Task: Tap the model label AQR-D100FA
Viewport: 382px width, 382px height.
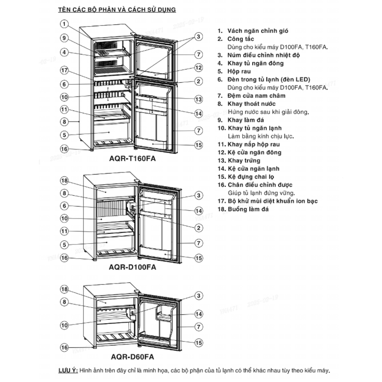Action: click(x=132, y=267)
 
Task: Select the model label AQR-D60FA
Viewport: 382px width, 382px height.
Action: click(x=132, y=356)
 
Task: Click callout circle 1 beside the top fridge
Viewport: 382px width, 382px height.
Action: click(x=65, y=25)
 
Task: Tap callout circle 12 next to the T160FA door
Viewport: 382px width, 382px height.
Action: click(x=198, y=68)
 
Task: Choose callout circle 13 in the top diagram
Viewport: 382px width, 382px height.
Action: click(x=198, y=99)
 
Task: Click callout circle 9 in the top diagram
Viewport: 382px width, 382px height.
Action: click(x=65, y=38)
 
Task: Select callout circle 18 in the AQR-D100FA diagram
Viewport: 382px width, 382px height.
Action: click(x=65, y=181)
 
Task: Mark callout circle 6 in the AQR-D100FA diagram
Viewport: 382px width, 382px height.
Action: click(x=65, y=206)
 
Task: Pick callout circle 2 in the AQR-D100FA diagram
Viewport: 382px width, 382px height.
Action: click(x=198, y=228)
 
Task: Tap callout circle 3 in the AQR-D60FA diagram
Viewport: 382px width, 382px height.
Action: click(x=198, y=296)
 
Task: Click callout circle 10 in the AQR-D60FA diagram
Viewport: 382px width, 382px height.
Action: click(x=65, y=325)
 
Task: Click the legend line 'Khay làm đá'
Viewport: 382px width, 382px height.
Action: click(x=246, y=120)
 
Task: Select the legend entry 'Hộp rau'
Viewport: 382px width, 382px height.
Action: click(x=239, y=71)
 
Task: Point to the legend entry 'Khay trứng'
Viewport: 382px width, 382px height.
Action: click(x=244, y=160)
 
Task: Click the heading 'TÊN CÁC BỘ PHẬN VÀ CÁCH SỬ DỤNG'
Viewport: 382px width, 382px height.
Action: click(x=117, y=9)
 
